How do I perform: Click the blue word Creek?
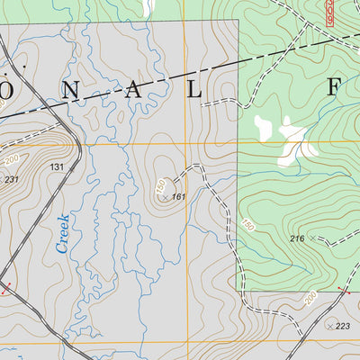(x=63, y=232)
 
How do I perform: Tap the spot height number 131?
(x=58, y=167)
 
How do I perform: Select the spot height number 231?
(x=11, y=180)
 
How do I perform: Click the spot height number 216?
(x=298, y=238)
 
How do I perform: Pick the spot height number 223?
(x=342, y=326)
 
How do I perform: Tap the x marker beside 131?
(x=72, y=167)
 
